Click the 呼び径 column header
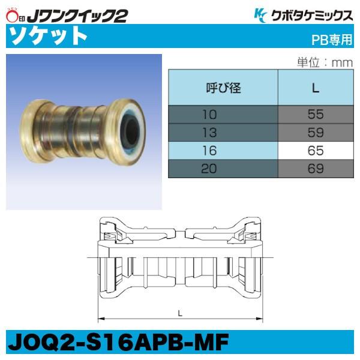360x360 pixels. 223,89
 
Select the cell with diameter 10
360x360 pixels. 223,113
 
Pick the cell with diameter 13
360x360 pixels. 223,131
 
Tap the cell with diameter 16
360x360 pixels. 223,150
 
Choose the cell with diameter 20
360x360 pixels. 223,169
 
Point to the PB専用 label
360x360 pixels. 332,40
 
